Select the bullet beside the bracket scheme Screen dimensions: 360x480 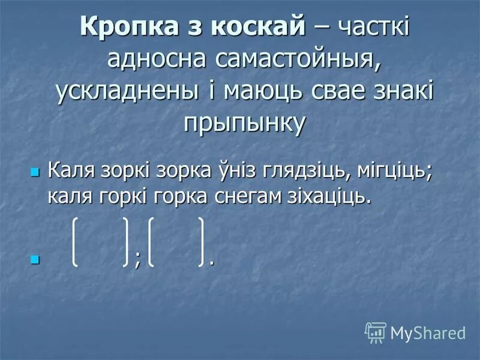coord(34,260)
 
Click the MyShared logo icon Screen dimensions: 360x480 coord(375,332)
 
